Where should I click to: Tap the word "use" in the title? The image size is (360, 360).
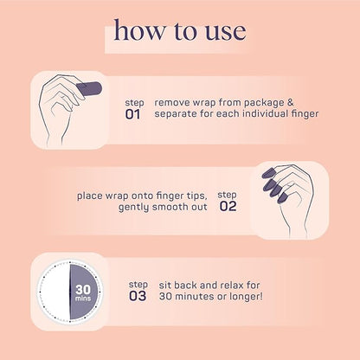pyautogui.click(x=225, y=32)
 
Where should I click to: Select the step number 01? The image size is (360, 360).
pyautogui.click(x=132, y=114)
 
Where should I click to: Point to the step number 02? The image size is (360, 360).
pyautogui.click(x=228, y=206)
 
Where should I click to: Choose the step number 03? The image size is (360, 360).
pyautogui.click(x=138, y=296)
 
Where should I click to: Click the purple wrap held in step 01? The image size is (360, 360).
pyautogui.click(x=89, y=89)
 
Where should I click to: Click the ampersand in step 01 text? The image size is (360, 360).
pyautogui.click(x=290, y=102)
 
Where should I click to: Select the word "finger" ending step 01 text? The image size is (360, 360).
pyautogui.click(x=305, y=113)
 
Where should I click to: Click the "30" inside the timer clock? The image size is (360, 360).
pyautogui.click(x=83, y=289)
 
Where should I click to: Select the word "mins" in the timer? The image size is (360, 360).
pyautogui.click(x=83, y=299)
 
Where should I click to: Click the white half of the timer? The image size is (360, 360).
pyautogui.click(x=55, y=292)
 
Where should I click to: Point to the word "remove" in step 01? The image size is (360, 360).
pyautogui.click(x=172, y=103)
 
